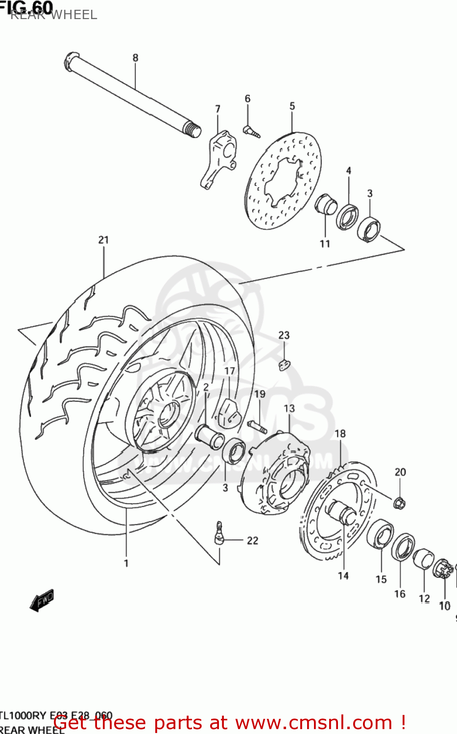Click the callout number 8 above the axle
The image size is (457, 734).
coord(135,58)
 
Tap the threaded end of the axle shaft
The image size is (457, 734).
coord(193,130)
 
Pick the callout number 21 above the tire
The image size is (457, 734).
coord(103,240)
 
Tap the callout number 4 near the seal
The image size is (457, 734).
coord(349,171)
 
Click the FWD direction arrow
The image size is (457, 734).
coord(42,600)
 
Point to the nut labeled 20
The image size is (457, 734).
coord(399,502)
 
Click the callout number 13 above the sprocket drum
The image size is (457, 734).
coord(289,408)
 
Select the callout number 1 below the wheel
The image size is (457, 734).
coord(126,563)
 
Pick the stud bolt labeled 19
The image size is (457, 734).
coord(257,426)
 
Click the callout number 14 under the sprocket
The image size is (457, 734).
coord(343,576)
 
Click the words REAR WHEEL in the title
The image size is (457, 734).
coord(54,15)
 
